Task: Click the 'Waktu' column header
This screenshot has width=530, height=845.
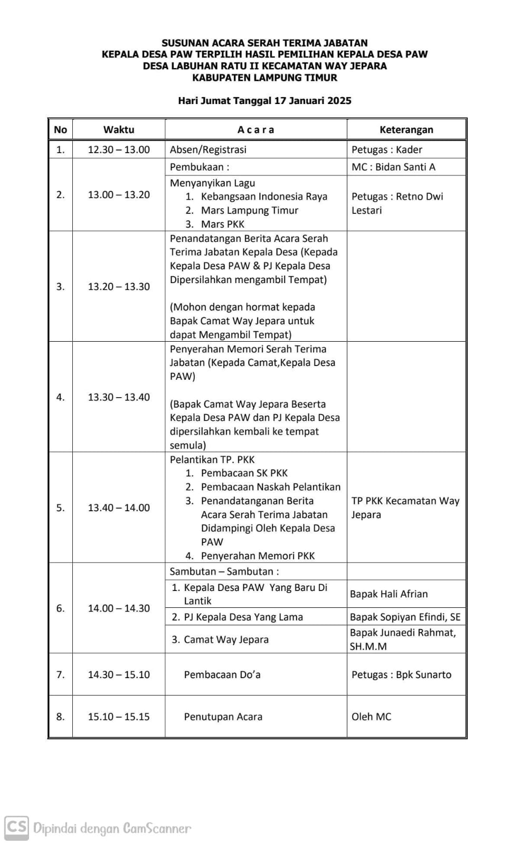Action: [x=119, y=130]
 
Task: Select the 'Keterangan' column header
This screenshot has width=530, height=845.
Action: [x=406, y=130]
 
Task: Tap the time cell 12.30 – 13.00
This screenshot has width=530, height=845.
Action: [x=119, y=149]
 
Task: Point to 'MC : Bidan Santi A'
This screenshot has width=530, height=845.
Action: [x=393, y=167]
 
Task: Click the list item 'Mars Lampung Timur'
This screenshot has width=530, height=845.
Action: [x=249, y=210]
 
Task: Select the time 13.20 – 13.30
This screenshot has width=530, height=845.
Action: [x=119, y=286]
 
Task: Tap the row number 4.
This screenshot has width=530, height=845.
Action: [x=61, y=397]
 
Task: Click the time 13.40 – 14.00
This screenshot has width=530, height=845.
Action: [x=119, y=508]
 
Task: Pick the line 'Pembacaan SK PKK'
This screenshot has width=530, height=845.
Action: [x=244, y=473]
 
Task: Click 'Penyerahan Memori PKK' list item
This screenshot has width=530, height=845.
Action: [x=257, y=556]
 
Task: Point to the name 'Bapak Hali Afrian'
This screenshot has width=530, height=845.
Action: [x=389, y=594]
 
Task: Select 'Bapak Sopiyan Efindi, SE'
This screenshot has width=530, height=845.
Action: [x=405, y=617]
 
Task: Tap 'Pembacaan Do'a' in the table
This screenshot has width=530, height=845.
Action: [x=222, y=674]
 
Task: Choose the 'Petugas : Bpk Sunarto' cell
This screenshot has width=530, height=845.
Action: [x=401, y=674]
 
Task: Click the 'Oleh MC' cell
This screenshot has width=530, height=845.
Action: [x=371, y=717]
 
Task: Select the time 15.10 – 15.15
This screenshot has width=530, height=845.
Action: [x=119, y=717]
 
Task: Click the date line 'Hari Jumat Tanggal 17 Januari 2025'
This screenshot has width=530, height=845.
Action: [x=264, y=101]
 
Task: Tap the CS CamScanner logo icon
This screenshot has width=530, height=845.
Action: [x=16, y=827]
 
